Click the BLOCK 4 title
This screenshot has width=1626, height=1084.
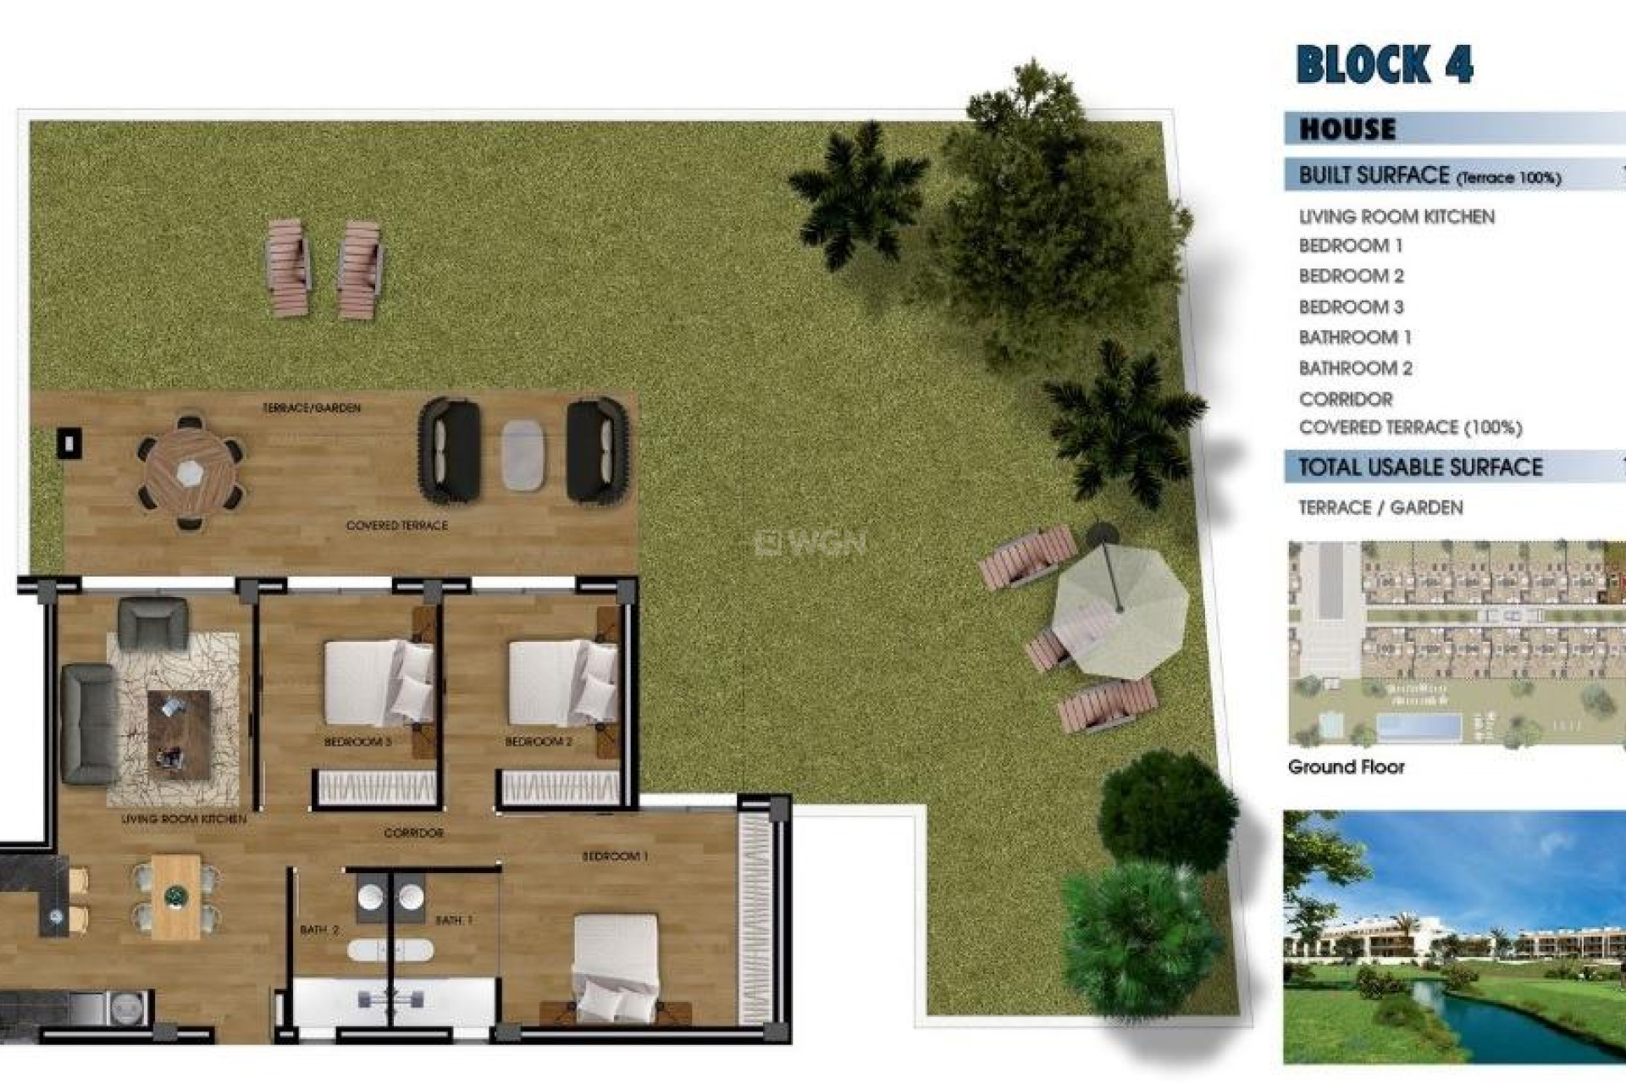pyautogui.click(x=1385, y=64)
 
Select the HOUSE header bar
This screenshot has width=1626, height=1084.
pyautogui.click(x=1453, y=129)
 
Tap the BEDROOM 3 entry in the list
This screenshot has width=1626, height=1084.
pyautogui.click(x=1351, y=307)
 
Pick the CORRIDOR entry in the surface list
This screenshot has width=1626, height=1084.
pyautogui.click(x=1346, y=399)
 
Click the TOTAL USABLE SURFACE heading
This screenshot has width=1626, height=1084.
pyautogui.click(x=1420, y=467)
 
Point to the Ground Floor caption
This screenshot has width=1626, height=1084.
pyautogui.click(x=1346, y=767)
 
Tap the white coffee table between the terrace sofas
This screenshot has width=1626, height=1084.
pyautogui.click(x=523, y=455)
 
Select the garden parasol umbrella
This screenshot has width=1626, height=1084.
pyautogui.click(x=1120, y=608)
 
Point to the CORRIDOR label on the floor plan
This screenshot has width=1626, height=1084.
pyautogui.click(x=413, y=833)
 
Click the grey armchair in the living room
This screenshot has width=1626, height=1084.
pyautogui.click(x=152, y=623)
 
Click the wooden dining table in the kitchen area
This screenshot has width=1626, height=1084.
pyautogui.click(x=176, y=897)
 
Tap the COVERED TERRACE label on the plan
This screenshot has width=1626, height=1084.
pyautogui.click(x=396, y=526)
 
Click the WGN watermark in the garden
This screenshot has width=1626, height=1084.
pyautogui.click(x=810, y=542)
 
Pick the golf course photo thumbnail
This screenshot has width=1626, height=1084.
pyautogui.click(x=1453, y=937)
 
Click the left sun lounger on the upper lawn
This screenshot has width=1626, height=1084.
pyautogui.click(x=288, y=267)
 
